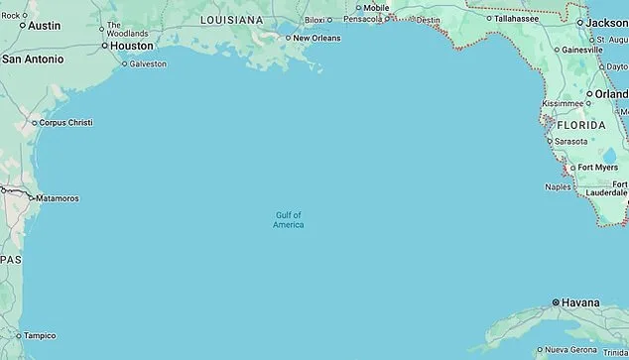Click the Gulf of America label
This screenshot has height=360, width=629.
(x=289, y=220)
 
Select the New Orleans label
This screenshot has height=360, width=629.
(x=316, y=38)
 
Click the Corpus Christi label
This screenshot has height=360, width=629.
(x=67, y=123)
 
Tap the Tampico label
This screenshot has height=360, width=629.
(x=40, y=335)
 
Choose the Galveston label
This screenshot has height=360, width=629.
(x=148, y=63)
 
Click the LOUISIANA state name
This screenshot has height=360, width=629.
(x=231, y=20)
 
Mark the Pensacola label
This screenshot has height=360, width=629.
(x=362, y=19)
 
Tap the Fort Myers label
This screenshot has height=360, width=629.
(x=598, y=168)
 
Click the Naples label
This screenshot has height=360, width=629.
(x=559, y=186)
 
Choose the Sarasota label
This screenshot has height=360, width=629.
(x=570, y=141)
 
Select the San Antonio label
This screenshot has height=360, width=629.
(x=33, y=60)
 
